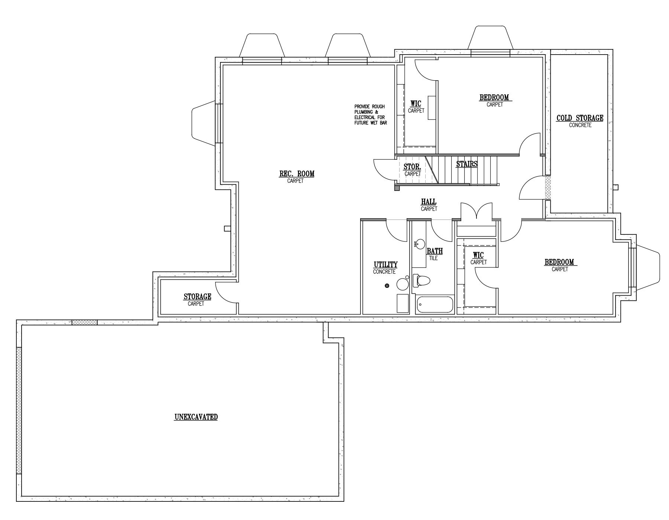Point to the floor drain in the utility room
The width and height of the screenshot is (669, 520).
tap(387, 286)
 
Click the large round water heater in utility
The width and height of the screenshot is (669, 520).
tap(403, 285)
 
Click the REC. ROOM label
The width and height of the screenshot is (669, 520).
tap(297, 173)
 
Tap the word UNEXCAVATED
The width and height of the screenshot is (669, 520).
tap(196, 417)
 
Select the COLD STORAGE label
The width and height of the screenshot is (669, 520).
tap(580, 118)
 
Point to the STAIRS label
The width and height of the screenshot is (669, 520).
tap(467, 163)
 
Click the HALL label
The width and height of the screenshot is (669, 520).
tap(429, 202)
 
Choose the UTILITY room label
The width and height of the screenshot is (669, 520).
tap(385, 264)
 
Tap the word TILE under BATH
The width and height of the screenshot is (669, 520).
tap(433, 258)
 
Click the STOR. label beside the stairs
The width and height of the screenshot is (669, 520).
tap(412, 167)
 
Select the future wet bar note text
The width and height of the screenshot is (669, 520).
tap(371, 114)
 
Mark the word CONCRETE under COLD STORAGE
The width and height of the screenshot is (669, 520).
tap(580, 125)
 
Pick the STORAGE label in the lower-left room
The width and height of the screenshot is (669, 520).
tap(197, 296)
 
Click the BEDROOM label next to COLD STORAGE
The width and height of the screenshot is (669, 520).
tap(494, 97)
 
